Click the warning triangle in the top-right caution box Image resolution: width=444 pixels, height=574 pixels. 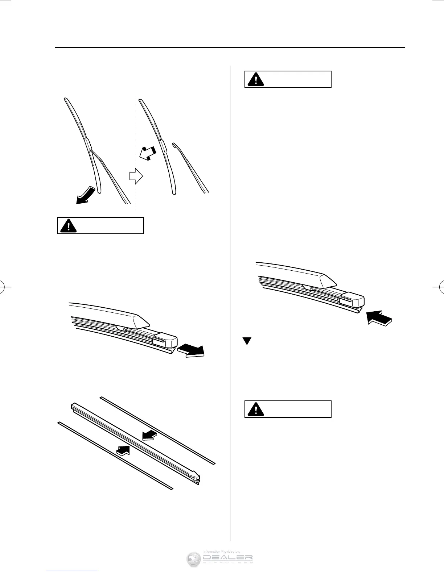point(256,79)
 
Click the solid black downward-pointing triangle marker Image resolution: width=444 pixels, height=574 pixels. point(247,341)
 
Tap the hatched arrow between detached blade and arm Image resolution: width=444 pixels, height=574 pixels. point(148,154)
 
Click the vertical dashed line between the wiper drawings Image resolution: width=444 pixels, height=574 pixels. point(135,152)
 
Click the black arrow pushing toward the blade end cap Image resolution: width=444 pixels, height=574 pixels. point(379,317)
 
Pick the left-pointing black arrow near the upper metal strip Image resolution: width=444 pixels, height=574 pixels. point(148,435)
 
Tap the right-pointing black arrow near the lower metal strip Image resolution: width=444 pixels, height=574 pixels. point(123,450)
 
